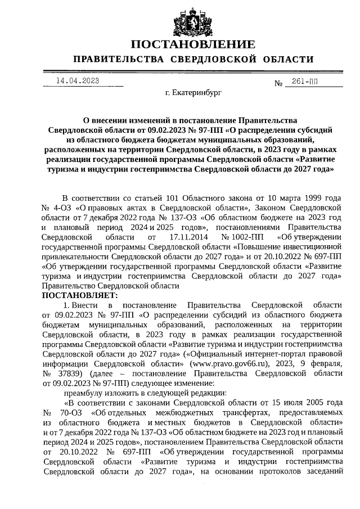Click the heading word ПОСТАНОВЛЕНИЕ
point(193,44)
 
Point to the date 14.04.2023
point(78,81)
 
